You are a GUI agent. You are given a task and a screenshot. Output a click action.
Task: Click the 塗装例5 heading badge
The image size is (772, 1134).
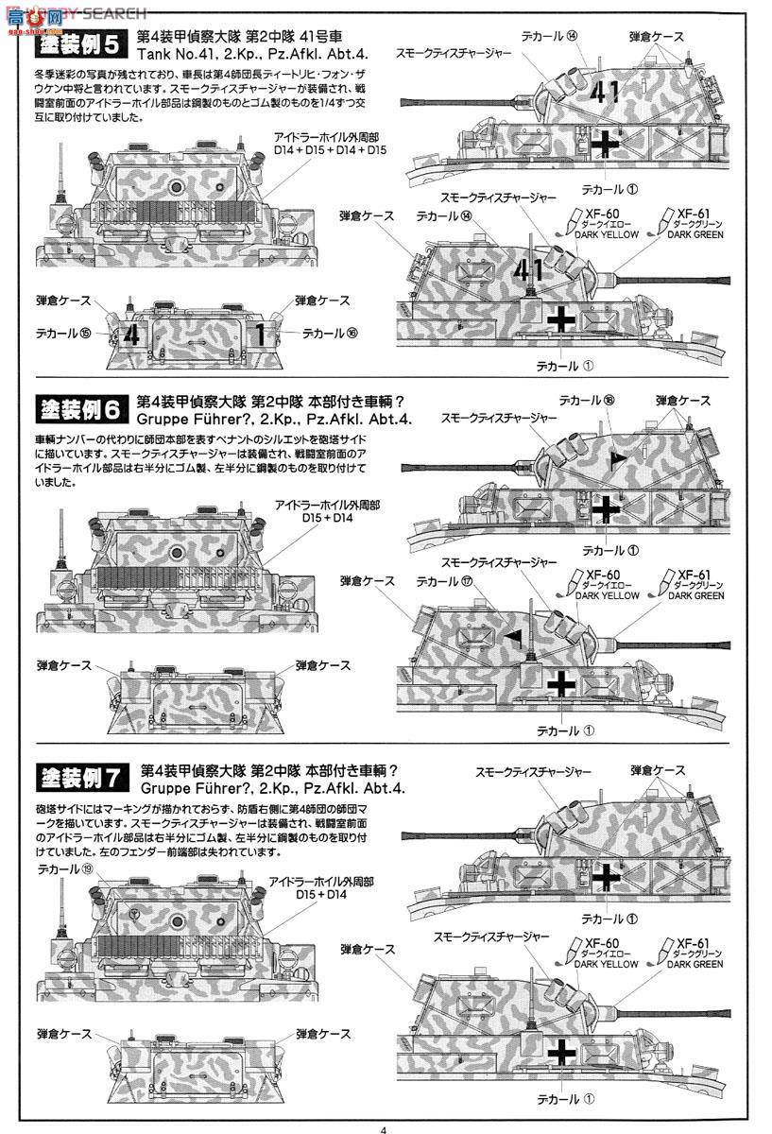(77, 46)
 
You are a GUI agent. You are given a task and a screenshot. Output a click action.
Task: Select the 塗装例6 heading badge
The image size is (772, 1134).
(77, 410)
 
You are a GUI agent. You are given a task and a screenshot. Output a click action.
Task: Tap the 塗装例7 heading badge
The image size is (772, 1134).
(77, 779)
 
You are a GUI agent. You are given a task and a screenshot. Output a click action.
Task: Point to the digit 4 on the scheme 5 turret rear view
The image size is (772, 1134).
(132, 335)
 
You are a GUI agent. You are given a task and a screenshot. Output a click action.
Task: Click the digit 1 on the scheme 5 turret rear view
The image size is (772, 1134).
(259, 335)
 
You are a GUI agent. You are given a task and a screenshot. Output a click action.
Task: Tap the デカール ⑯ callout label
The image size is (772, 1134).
(331, 334)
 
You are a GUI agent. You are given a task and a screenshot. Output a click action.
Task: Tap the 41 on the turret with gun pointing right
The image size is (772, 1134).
(526, 270)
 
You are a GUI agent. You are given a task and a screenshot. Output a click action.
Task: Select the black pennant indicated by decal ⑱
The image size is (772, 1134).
(618, 458)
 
